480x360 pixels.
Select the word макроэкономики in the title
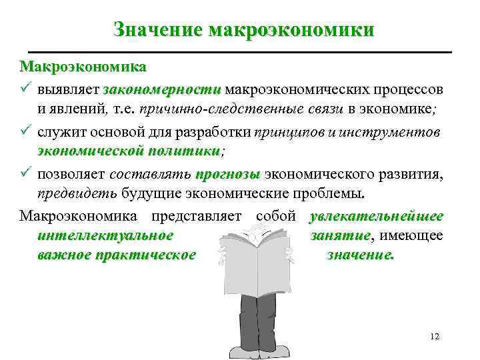[291, 30]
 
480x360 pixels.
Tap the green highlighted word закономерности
[162, 89]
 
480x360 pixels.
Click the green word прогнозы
[227, 175]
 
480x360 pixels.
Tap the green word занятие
[340, 235]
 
